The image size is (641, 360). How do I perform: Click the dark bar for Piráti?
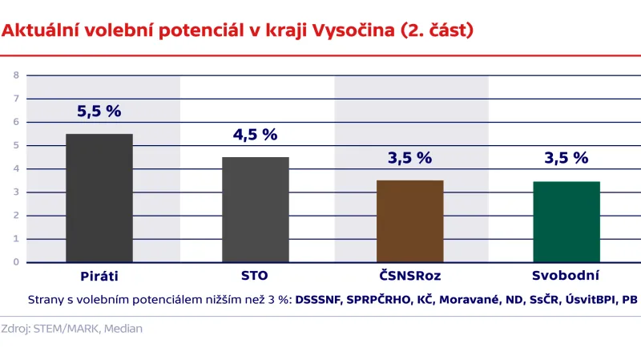[99, 198]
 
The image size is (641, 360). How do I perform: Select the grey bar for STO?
[255, 209]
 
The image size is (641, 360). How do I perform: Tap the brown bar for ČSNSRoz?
[409, 221]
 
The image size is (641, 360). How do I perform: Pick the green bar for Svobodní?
[566, 222]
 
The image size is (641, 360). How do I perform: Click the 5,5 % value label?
[99, 112]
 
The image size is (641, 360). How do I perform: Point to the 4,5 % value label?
[255, 135]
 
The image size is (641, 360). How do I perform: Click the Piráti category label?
[99, 277]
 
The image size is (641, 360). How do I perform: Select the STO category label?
[255, 277]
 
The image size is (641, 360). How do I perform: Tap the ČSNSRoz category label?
[409, 277]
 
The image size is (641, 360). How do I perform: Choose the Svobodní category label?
[566, 277]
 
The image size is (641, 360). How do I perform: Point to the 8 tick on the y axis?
[15, 75]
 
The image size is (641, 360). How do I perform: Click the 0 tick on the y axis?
[15, 262]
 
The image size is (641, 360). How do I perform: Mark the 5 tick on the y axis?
[15, 145]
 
